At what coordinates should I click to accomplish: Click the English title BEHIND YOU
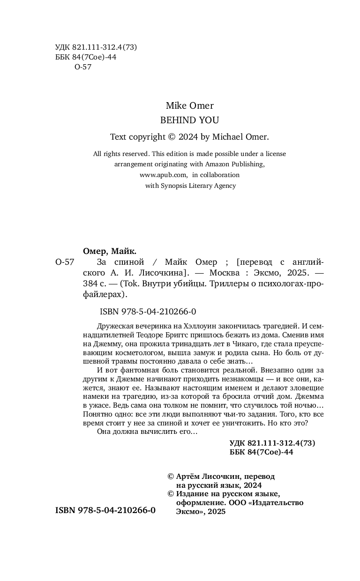[x=189, y=120]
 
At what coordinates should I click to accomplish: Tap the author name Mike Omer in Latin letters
[x=189, y=105]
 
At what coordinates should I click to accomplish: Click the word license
[x=274, y=153]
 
